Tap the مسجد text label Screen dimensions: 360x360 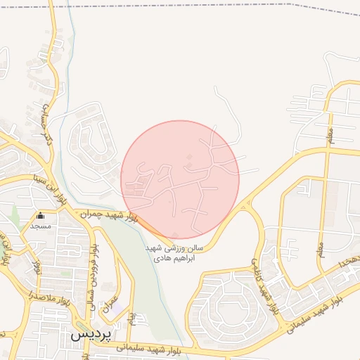(40, 226)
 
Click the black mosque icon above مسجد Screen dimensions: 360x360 (40, 216)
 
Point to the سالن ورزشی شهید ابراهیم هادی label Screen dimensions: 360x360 (174, 254)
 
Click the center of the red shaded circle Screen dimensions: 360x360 (180, 179)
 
